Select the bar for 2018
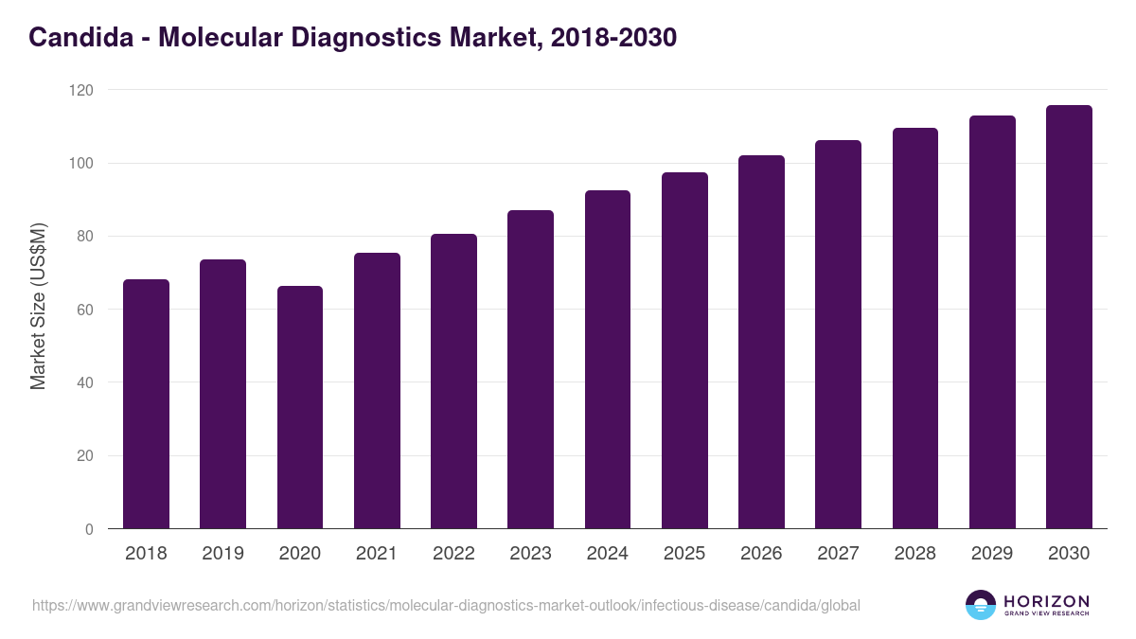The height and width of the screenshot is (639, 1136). click(x=146, y=404)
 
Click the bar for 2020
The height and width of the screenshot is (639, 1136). click(x=300, y=407)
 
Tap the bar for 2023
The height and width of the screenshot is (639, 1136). click(x=530, y=369)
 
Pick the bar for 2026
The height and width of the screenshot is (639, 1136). click(x=761, y=342)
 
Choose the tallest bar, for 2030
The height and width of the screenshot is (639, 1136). click(x=1069, y=317)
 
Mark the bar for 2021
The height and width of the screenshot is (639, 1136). click(x=377, y=391)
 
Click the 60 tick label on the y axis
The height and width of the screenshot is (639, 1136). click(x=85, y=310)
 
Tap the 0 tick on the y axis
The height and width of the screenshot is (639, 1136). click(x=89, y=529)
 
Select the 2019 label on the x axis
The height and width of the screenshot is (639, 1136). click(x=222, y=554)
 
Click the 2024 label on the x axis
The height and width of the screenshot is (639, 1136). click(x=607, y=554)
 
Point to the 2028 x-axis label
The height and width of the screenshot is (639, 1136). click(x=914, y=554)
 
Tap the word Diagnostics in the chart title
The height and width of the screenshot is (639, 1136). click(x=388, y=38)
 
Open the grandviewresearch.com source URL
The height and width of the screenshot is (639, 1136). click(x=446, y=605)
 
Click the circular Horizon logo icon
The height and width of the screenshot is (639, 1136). click(x=981, y=605)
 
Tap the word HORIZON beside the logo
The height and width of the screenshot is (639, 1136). click(x=1046, y=601)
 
